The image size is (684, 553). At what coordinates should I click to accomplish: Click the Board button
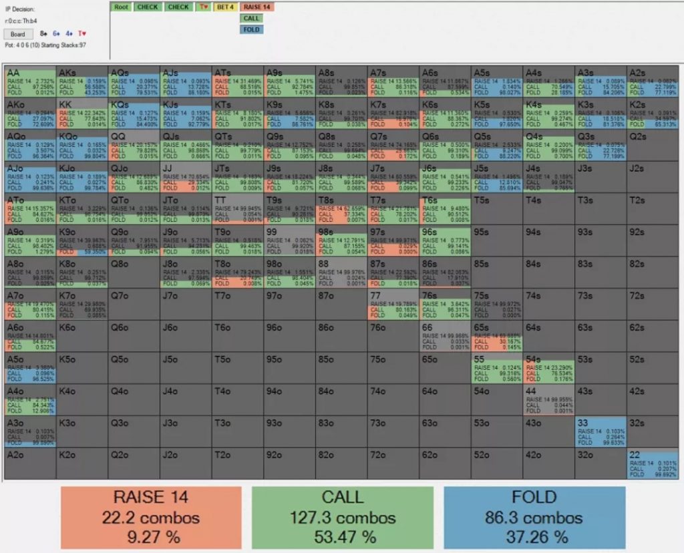coord(17,33)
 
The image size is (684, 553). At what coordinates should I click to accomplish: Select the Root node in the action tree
coord(121,7)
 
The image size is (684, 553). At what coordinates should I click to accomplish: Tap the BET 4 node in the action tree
coord(225,7)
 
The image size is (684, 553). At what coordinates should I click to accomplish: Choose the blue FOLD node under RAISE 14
coord(251,29)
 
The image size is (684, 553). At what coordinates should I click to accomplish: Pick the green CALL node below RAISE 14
coord(251,18)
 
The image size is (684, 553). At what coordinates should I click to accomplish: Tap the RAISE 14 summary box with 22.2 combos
coord(151,517)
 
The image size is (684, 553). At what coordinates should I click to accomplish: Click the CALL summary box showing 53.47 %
coord(342,517)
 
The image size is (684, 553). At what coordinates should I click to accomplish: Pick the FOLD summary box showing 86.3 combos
coord(534,517)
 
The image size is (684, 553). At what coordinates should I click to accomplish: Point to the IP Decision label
coord(19,9)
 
